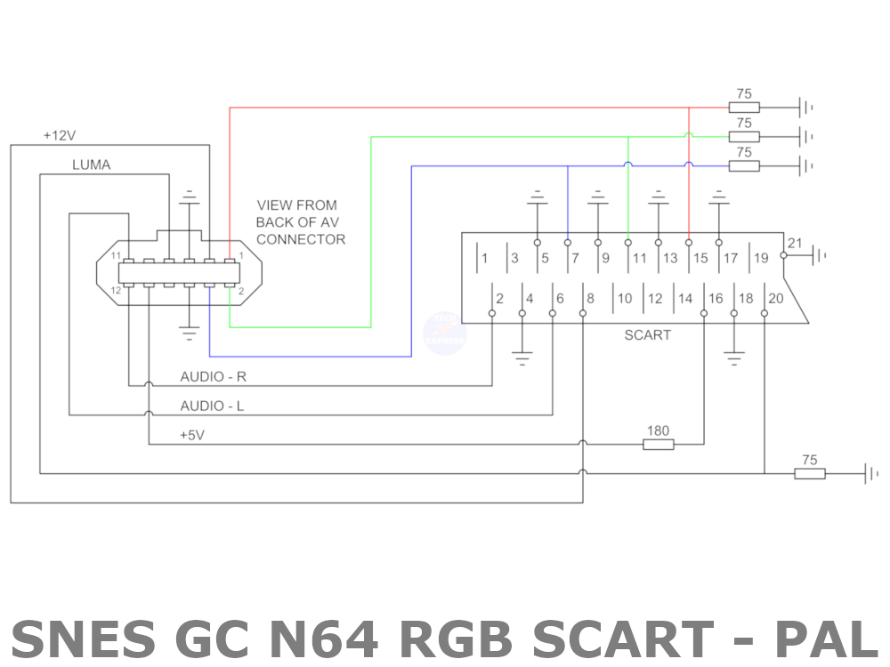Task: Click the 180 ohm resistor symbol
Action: coord(658,444)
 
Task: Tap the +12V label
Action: coord(60,136)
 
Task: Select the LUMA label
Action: coord(91,165)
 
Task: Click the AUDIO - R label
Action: coord(214,377)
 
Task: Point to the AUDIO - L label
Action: coord(213,406)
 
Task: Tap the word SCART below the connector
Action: coord(647,335)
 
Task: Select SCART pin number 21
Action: coord(795,244)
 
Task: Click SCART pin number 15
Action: coord(700,259)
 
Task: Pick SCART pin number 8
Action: coord(589,298)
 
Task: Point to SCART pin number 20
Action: coord(776,298)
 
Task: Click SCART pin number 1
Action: coord(484,259)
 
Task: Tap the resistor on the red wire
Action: coord(744,108)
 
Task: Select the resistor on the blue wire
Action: coord(744,165)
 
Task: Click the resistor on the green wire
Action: coord(744,136)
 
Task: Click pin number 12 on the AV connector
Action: coord(116,291)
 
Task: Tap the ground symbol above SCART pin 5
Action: coord(537,197)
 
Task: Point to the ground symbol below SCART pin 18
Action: coord(733,358)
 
